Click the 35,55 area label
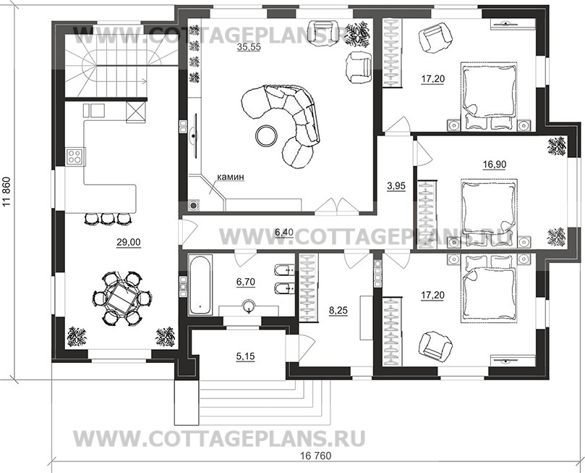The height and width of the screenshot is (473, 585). [249, 47]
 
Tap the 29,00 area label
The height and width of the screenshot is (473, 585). [128, 243]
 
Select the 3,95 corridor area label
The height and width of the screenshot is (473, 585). [396, 185]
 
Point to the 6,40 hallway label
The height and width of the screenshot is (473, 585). [284, 233]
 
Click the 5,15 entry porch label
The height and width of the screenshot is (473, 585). [245, 356]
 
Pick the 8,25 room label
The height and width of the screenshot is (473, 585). [338, 310]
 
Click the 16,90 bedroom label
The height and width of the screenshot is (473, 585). [494, 164]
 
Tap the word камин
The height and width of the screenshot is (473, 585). [231, 176]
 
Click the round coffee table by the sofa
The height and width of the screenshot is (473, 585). [266, 136]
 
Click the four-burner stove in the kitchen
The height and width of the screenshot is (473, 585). [74, 156]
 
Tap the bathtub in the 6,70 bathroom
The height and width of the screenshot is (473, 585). [201, 285]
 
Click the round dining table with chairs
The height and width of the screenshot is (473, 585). [118, 298]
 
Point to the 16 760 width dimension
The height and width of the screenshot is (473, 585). [315, 456]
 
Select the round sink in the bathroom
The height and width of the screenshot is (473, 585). [249, 307]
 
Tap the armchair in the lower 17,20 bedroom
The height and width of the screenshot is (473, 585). [435, 344]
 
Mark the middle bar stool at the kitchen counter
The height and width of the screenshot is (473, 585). [108, 219]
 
